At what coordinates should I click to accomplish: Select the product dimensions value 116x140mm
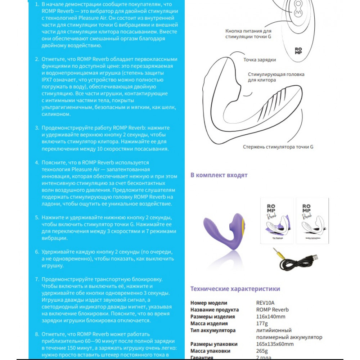pyautogui.click(x=270, y=316)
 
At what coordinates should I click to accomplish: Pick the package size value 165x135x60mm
pyautogui.click(x=275, y=344)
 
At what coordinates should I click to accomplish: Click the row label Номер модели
pyautogui.click(x=209, y=303)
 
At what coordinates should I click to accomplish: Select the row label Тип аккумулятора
pyautogui.click(x=213, y=330)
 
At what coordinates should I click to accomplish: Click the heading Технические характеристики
pyautogui.click(x=235, y=289)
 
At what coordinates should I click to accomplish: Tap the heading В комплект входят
pyautogui.click(x=219, y=175)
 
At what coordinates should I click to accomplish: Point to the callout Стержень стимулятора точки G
pyautogui.click(x=278, y=147)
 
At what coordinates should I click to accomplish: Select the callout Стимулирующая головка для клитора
pyautogui.click(x=276, y=77)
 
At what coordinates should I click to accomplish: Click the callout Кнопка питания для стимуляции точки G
pyautogui.click(x=248, y=34)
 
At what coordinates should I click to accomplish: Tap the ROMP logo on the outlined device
pyautogui.click(x=298, y=51)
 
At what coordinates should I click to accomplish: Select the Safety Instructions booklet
pyautogui.click(x=312, y=220)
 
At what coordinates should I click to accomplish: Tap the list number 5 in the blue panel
pyautogui.click(x=37, y=217)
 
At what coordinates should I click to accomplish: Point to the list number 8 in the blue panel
pyautogui.click(x=37, y=334)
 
